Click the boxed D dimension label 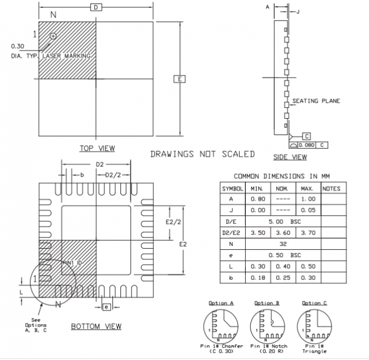tap(97, 7)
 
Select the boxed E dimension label tap(179, 79)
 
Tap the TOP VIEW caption tap(97, 148)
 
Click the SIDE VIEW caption tap(290, 157)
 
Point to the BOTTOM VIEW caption tap(96, 326)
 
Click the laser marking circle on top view tap(53, 36)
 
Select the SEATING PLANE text tap(316, 101)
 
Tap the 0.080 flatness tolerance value tap(306, 145)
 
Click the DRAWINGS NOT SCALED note tap(202, 154)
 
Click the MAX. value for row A tap(307, 199)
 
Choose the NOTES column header tap(331, 188)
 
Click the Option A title tap(221, 303)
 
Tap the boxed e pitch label tap(106, 307)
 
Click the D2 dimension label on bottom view tap(100, 164)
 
